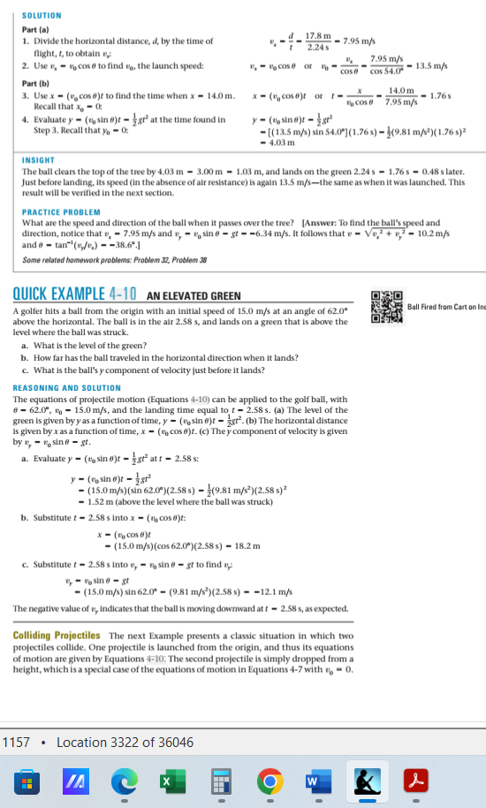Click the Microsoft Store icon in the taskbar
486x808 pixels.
pyautogui.click(x=25, y=783)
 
